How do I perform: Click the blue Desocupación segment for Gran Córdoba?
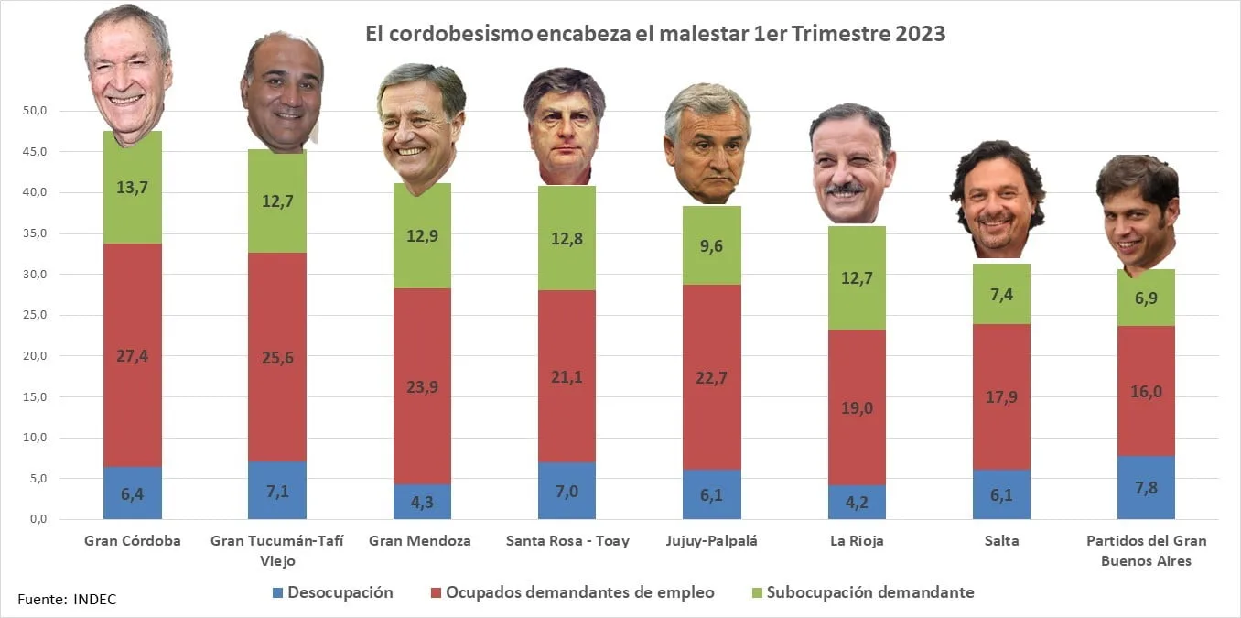pos(133,493)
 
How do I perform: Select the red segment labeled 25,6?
pos(276,357)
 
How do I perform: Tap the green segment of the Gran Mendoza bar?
pos(422,235)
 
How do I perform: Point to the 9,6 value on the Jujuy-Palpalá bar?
pos(712,245)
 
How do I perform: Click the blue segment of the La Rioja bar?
pos(857,502)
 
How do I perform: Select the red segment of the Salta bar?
pos(1001,396)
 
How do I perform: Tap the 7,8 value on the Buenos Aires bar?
pos(1146,487)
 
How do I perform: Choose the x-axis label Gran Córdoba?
pos(133,541)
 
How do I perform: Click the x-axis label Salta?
pos(1001,541)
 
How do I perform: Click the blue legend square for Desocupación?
pos(278,592)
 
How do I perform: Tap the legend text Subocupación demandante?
pos(870,592)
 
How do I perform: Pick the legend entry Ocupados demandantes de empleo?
pos(579,592)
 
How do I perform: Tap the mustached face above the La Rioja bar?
pos(851,165)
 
